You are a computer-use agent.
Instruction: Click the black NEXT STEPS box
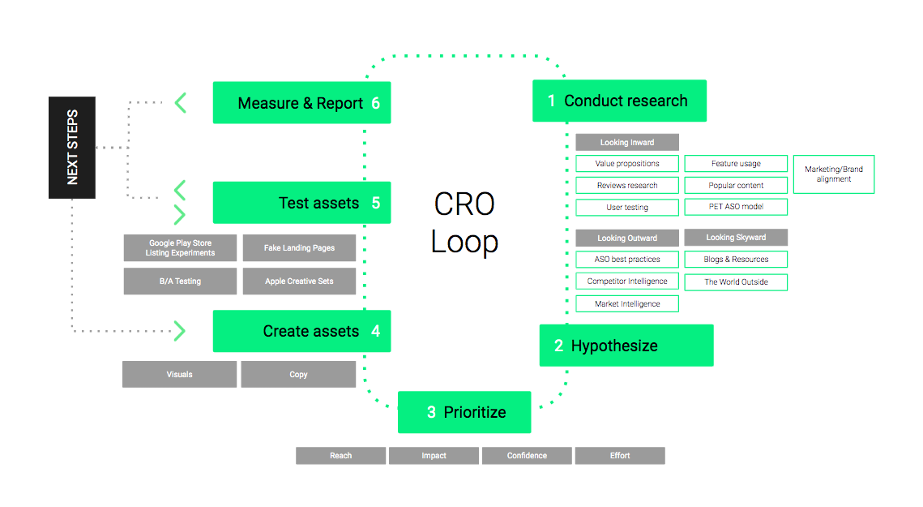pyautogui.click(x=72, y=148)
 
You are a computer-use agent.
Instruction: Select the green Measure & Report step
pyautogui.click(x=301, y=103)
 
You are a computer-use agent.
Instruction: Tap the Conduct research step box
pyautogui.click(x=619, y=101)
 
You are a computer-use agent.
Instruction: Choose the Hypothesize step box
pyautogui.click(x=626, y=346)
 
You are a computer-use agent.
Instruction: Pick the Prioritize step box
pyautogui.click(x=464, y=412)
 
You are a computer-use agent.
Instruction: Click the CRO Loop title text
pyautogui.click(x=465, y=222)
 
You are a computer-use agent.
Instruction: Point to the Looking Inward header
pyautogui.click(x=627, y=143)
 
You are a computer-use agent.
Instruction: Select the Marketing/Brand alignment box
pyautogui.click(x=834, y=174)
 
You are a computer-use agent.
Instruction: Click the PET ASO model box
pyautogui.click(x=736, y=207)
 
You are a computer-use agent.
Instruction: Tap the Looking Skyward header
pyautogui.click(x=736, y=238)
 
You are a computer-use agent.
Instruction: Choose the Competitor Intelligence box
pyautogui.click(x=627, y=281)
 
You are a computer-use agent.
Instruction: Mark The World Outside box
pyautogui.click(x=736, y=282)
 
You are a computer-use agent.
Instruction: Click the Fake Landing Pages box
pyautogui.click(x=299, y=248)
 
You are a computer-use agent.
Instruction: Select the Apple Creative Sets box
pyautogui.click(x=299, y=281)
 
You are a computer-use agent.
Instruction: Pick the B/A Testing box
pyautogui.click(x=180, y=281)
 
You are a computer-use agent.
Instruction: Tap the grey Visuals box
pyautogui.click(x=180, y=375)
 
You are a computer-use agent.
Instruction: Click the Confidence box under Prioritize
pyautogui.click(x=527, y=456)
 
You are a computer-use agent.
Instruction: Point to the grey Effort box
pyautogui.click(x=620, y=456)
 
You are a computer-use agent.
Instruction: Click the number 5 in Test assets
pyautogui.click(x=376, y=203)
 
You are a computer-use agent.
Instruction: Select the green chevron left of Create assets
pyautogui.click(x=179, y=331)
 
